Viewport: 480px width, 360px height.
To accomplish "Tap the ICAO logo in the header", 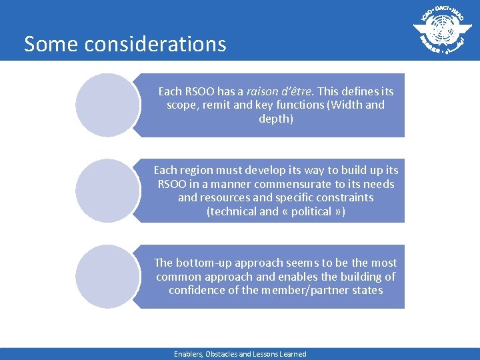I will coord(438,30).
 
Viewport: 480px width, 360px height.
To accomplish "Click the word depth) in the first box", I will coord(276,119).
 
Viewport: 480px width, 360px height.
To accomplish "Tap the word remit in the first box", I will coord(218,105).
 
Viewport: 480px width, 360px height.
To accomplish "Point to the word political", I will coord(307,211).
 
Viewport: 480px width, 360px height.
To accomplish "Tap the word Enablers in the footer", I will coord(189,354).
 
